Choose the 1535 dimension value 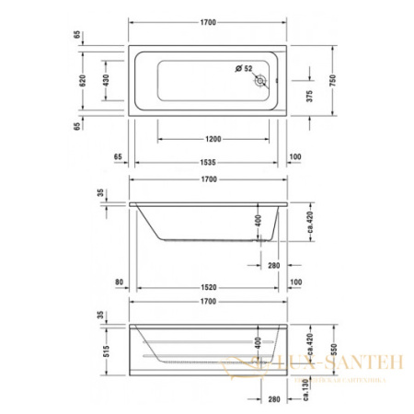point(209,157)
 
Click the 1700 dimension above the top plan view point(208,21)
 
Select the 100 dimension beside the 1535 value point(294,157)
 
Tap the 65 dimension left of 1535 point(120,157)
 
